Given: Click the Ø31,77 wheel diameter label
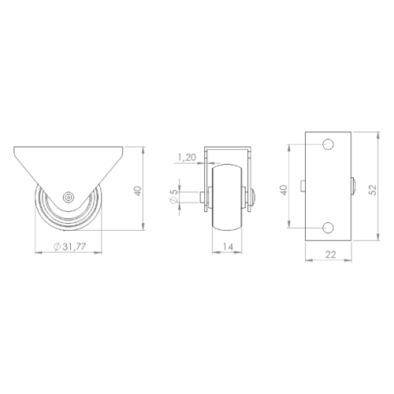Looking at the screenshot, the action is tap(69, 247).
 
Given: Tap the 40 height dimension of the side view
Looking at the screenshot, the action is tap(138, 191).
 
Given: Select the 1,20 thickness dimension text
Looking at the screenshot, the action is tap(188, 158).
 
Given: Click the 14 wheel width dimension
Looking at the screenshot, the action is tap(228, 247).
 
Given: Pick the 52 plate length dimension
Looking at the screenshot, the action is tap(373, 190).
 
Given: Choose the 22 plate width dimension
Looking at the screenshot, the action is tap(330, 255).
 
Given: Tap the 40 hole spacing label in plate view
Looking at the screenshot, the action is tap(284, 190).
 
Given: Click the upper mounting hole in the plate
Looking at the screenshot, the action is tap(328, 144).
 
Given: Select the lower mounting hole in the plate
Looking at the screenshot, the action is tap(328, 228).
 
